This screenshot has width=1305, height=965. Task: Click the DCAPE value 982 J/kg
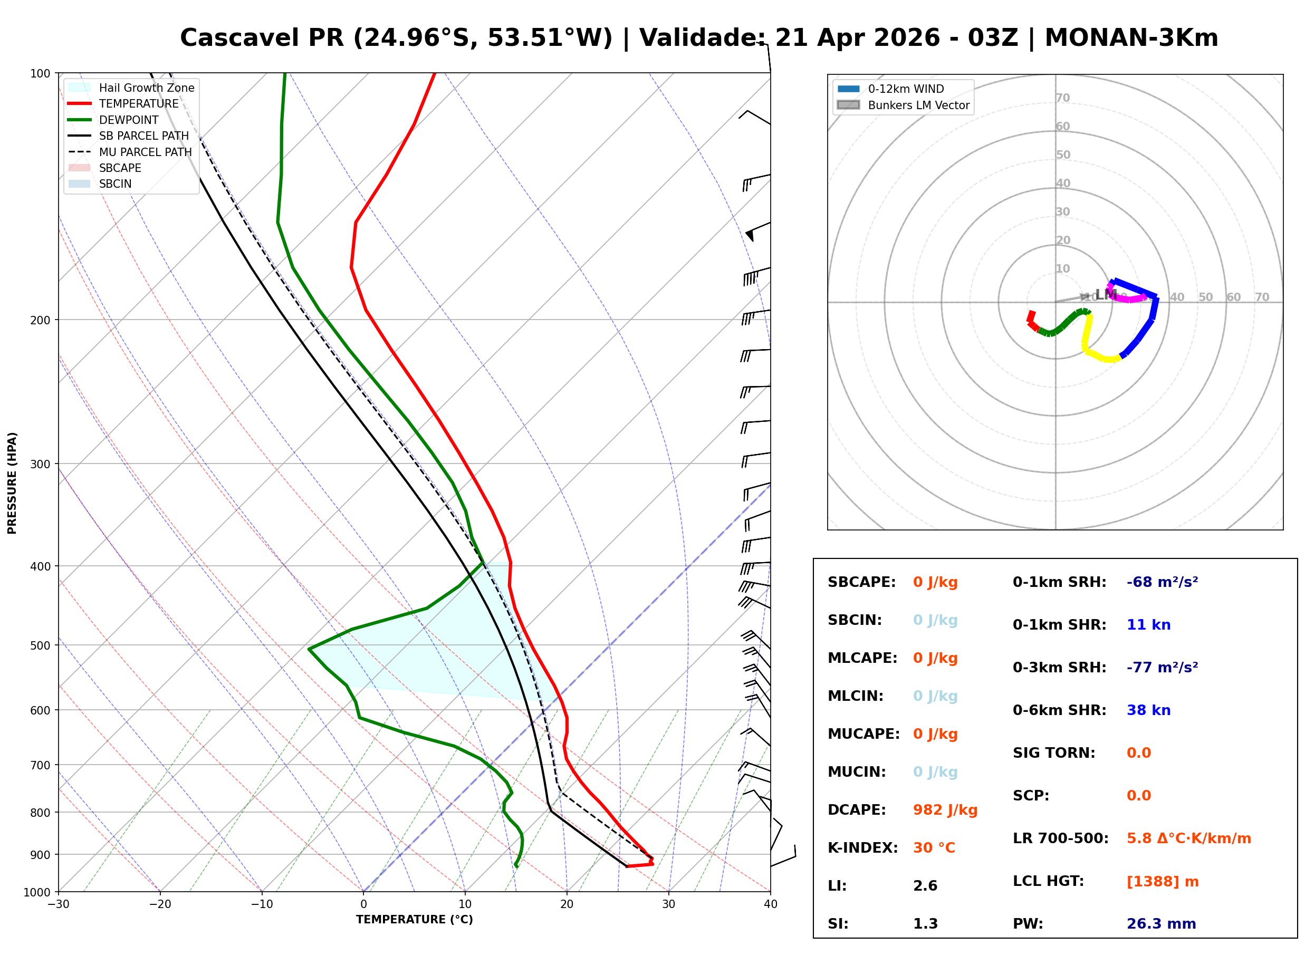945,809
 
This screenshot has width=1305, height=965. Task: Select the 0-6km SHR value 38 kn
1148,710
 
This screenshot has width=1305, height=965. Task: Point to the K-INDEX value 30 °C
934,847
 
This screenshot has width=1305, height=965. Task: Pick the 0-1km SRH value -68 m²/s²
1162,582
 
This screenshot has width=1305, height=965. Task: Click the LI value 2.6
925,885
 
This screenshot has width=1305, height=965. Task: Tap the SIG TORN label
1053,752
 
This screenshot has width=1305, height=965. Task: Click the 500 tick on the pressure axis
40,645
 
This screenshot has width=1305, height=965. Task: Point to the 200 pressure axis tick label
40,320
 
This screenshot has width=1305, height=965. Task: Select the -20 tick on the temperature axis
159,904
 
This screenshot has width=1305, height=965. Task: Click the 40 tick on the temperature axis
770,904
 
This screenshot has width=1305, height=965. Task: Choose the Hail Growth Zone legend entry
146,88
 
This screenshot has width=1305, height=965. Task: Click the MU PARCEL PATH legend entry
145,152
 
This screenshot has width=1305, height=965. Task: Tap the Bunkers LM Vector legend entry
918,105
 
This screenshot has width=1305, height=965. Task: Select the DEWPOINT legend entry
129,120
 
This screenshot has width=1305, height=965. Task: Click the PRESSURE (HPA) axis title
12,482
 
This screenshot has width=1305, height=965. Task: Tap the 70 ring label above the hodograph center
1062,98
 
